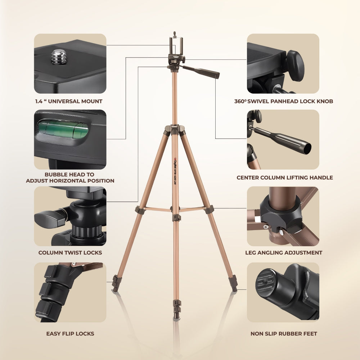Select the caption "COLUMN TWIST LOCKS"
point(70,253)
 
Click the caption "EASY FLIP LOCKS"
point(70,334)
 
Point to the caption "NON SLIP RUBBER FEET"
point(284,334)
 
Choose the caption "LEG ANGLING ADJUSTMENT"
point(284,253)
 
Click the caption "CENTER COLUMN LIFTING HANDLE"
point(284,177)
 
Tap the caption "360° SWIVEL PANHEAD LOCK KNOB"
point(284,102)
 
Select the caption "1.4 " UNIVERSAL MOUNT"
point(69,102)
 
